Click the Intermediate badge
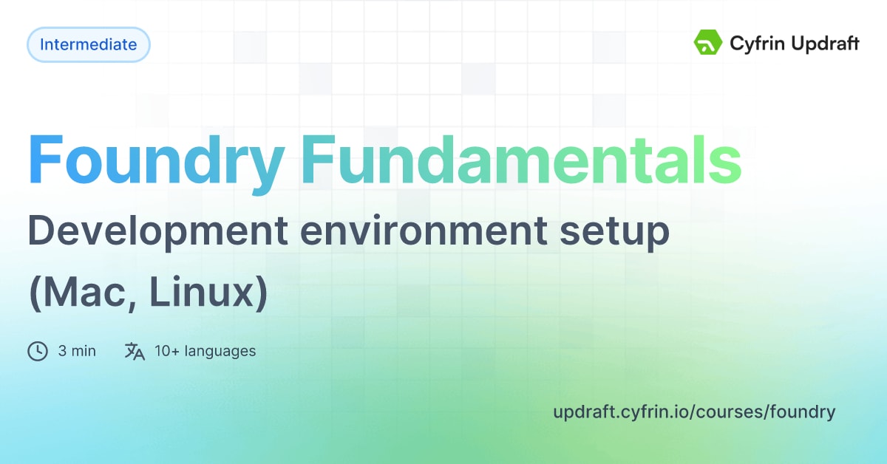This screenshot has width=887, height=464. (89, 44)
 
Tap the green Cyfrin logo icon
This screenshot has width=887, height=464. (707, 43)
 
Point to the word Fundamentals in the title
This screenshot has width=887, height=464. (522, 160)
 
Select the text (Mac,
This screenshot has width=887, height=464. (81, 294)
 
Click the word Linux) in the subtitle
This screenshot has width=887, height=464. (208, 294)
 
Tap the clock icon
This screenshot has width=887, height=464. (38, 351)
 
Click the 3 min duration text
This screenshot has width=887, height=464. (77, 351)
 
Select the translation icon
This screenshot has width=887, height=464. (135, 351)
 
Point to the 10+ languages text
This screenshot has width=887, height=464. (205, 351)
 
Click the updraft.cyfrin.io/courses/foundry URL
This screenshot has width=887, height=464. (694, 412)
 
